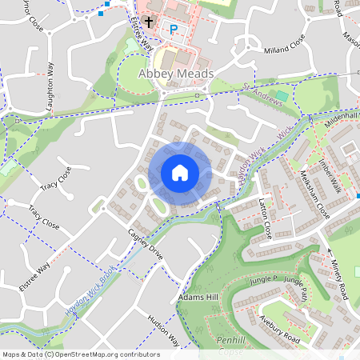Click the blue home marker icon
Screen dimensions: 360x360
coord(180,173)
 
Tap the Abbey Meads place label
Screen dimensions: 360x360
coord(175,74)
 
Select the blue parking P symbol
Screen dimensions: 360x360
coord(173,30)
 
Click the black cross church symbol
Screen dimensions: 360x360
coord(149,22)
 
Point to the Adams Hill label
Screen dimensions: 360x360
coord(198,298)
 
